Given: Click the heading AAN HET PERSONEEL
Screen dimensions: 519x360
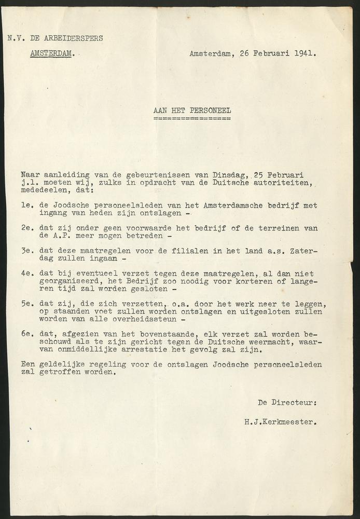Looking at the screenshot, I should pyautogui.click(x=192, y=110).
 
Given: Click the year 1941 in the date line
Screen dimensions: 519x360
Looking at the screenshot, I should pyautogui.click(x=307, y=53).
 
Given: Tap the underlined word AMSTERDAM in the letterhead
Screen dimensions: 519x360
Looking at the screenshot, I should pyautogui.click(x=51, y=53).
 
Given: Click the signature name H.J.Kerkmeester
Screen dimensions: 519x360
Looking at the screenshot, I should pyautogui.click(x=280, y=422).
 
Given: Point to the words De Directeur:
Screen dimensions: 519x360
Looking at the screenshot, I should pyautogui.click(x=286, y=402).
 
